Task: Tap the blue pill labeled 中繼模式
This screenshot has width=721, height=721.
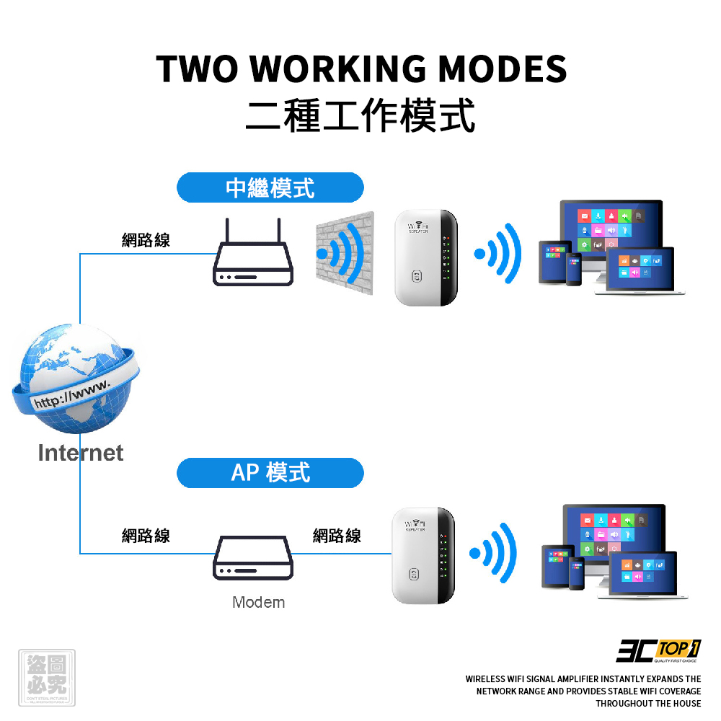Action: point(270,188)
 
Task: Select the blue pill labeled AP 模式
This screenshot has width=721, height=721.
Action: point(270,473)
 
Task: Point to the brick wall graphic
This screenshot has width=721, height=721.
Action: point(345,253)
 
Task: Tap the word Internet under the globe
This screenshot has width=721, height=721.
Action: point(80,453)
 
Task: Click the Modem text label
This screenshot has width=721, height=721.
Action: point(258,602)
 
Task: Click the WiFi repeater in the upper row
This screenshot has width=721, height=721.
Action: point(426,257)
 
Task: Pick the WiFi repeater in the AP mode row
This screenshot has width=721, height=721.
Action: point(423,555)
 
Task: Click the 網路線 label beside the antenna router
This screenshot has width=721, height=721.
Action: point(146,241)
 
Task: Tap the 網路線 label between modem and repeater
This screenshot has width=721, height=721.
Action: point(337,536)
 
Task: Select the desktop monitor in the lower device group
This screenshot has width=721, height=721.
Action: point(613,534)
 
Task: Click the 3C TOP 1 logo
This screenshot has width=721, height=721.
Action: point(658,650)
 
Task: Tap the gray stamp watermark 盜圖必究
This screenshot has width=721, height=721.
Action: point(46,678)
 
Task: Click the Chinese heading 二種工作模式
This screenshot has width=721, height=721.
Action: point(360,115)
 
